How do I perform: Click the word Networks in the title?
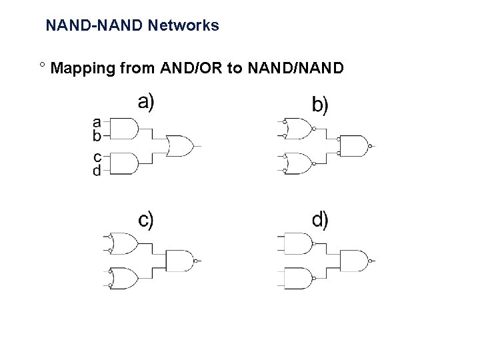click(183, 25)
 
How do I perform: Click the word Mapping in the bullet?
click(83, 69)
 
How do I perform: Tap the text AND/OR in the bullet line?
click(191, 67)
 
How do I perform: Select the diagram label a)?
click(146, 103)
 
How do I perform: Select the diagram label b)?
click(320, 104)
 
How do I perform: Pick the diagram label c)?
click(146, 220)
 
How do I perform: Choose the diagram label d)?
click(320, 220)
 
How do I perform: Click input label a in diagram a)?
click(97, 123)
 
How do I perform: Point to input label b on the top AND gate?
click(97, 135)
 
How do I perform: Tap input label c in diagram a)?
click(97, 157)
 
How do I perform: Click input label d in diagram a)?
click(97, 170)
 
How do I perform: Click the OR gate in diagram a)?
click(180, 146)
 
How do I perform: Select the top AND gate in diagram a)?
click(124, 129)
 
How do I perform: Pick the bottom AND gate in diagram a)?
click(124, 163)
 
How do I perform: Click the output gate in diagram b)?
click(354, 146)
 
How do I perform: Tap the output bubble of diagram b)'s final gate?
click(370, 146)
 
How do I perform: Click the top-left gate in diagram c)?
click(123, 244)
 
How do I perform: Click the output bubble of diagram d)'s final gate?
click(370, 261)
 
